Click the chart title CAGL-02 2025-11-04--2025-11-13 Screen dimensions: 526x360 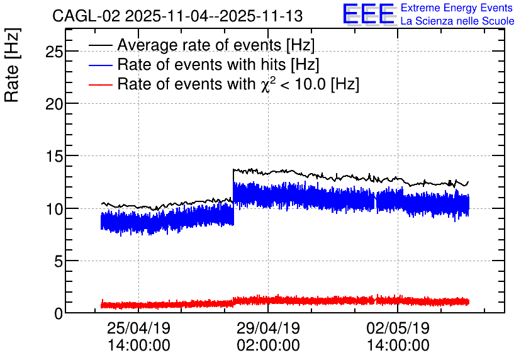point(177,16)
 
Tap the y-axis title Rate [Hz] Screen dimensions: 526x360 point(12,65)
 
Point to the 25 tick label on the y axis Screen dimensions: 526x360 point(54,52)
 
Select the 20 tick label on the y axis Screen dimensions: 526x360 point(54,104)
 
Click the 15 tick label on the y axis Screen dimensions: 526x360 point(54,156)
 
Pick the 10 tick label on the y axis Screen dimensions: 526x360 point(54,209)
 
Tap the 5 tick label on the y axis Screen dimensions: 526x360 point(59,261)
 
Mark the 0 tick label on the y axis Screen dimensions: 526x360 point(59,313)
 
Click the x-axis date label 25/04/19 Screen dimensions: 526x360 point(138,328)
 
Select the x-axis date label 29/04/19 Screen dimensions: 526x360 point(269,328)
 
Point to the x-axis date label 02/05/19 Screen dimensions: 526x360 point(398,328)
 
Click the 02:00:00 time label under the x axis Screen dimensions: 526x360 point(269,346)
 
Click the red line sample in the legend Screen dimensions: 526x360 point(100,85)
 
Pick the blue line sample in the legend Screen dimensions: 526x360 point(100,65)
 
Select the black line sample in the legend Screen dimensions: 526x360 point(100,45)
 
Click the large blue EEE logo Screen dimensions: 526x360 point(368,14)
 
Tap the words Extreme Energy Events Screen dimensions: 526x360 point(457,8)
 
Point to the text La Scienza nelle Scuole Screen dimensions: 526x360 point(457,21)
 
